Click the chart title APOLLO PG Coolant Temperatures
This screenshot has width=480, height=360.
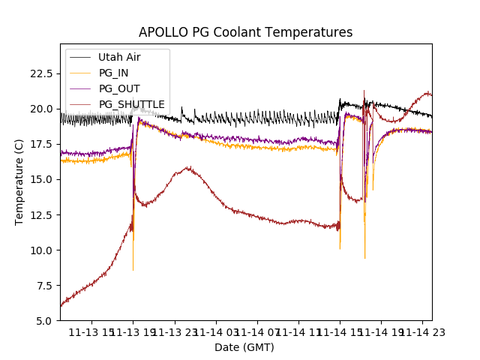click(x=245, y=33)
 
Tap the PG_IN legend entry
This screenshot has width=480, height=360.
click(x=113, y=73)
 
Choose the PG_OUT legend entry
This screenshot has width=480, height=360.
click(x=118, y=88)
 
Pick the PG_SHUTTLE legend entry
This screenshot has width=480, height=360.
click(x=131, y=104)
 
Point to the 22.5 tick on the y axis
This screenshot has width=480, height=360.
click(x=40, y=73)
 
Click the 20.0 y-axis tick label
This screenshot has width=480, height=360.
click(x=40, y=109)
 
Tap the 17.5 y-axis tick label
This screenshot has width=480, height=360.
click(x=40, y=144)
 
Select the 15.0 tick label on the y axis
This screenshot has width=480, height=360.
click(x=40, y=179)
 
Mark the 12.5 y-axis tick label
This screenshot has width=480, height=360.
click(x=40, y=214)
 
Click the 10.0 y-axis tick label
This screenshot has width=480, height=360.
click(x=40, y=250)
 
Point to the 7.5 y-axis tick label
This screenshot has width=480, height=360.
click(x=43, y=285)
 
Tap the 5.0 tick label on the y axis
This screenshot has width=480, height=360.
click(x=43, y=320)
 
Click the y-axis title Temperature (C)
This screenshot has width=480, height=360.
click(x=19, y=182)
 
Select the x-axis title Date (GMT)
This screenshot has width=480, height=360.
click(x=244, y=347)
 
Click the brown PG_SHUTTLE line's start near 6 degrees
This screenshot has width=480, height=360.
click(x=61, y=305)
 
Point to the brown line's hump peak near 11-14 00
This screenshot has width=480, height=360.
click(x=187, y=168)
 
